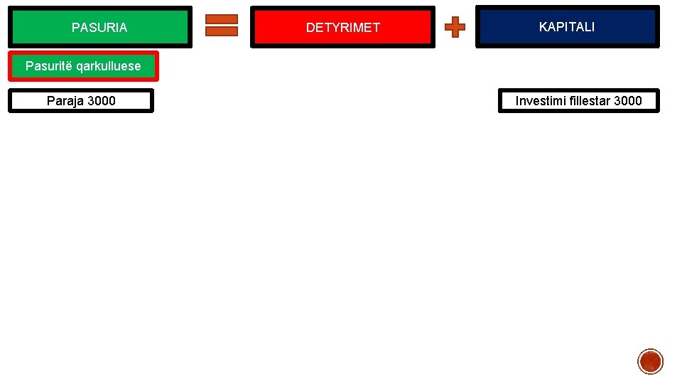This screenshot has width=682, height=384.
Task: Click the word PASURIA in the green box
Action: (x=99, y=28)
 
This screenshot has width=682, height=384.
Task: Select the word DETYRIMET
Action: (x=343, y=28)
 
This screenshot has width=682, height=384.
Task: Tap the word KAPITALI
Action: (x=567, y=27)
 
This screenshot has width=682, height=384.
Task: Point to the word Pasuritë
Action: (x=49, y=66)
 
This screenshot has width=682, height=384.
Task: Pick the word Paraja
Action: (x=65, y=101)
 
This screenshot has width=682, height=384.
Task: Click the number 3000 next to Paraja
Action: (x=102, y=101)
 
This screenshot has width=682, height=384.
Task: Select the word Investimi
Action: (x=541, y=101)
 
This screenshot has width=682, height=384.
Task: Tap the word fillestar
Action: (x=590, y=101)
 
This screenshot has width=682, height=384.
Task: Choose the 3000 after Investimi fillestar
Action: (x=628, y=101)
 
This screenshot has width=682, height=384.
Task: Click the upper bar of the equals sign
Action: (x=222, y=19)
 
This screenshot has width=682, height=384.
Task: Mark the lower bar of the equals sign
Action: (x=222, y=31)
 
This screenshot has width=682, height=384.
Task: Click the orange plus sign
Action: (x=455, y=28)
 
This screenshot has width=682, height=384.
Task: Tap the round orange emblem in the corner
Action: (x=650, y=361)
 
